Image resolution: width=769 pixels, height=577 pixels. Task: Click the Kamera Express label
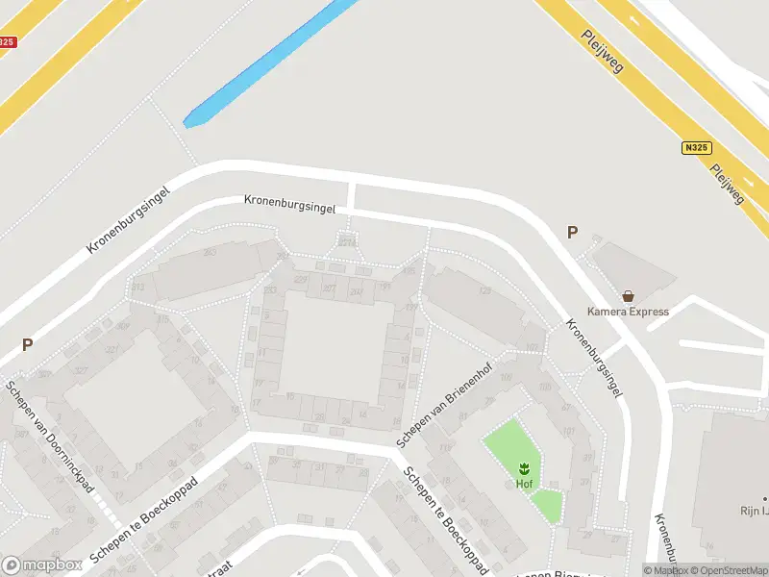click(x=628, y=312)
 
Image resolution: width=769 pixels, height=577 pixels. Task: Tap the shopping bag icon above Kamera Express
click(x=628, y=296)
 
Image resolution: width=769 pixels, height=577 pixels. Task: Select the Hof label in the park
click(x=524, y=484)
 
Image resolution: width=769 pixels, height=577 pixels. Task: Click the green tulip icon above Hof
click(x=524, y=468)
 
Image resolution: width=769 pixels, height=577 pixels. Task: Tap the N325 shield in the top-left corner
click(x=7, y=42)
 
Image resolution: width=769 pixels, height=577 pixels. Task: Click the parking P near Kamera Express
click(x=573, y=233)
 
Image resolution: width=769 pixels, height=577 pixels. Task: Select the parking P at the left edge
click(x=28, y=344)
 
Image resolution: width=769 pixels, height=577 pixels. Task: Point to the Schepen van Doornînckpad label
click(x=49, y=436)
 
